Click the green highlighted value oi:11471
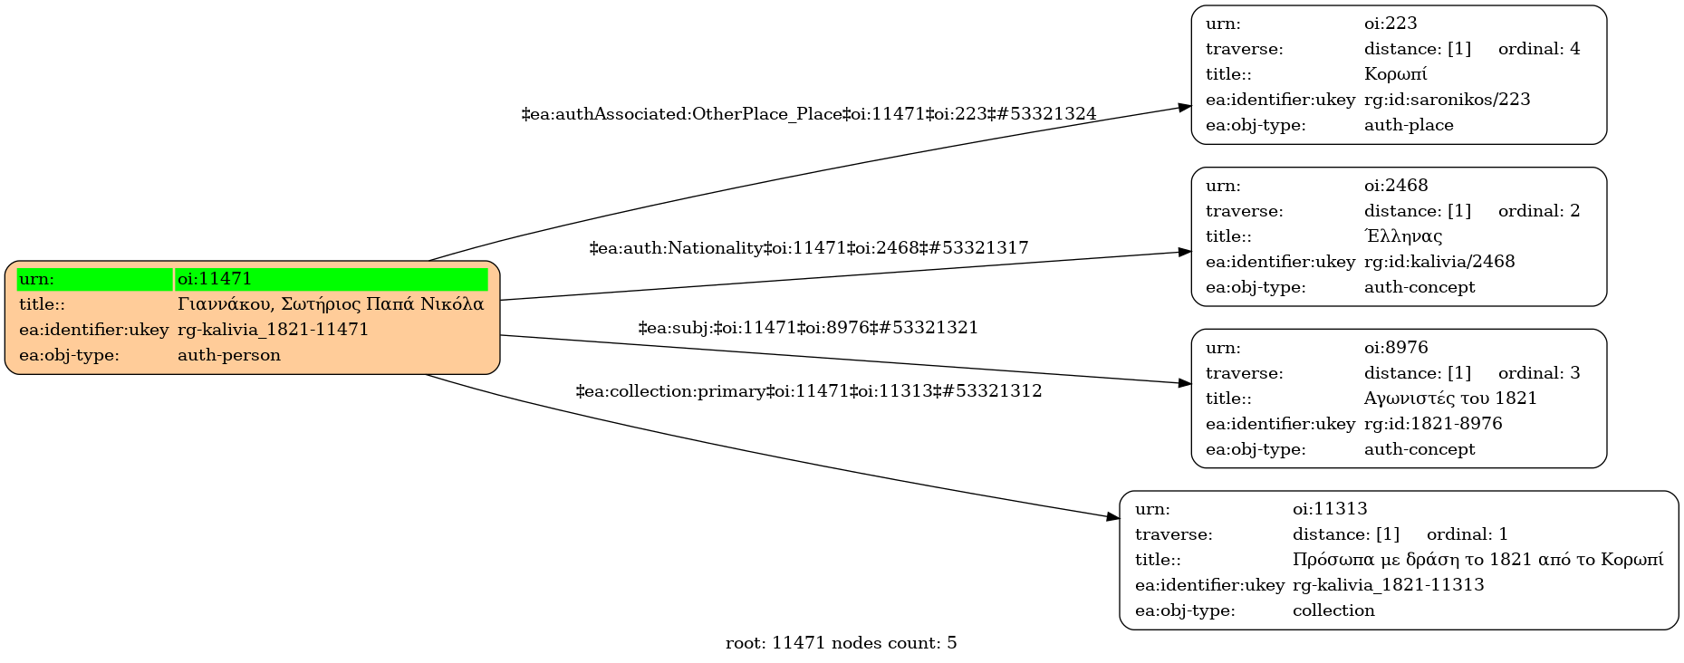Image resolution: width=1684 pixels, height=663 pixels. coord(215,279)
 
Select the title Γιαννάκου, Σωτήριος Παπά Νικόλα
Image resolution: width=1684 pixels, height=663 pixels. coord(331,304)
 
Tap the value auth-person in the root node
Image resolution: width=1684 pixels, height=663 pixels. coord(229,355)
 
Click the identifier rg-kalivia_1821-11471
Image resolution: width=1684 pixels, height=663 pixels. coord(274,330)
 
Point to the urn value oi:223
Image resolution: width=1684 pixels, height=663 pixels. coord(1391,24)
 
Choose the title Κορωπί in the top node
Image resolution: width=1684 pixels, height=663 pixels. coord(1395,74)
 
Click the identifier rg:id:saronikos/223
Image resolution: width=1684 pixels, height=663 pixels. coord(1447,100)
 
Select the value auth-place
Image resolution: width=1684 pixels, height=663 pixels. coord(1409,125)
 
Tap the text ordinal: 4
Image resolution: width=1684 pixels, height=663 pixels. coord(1539,49)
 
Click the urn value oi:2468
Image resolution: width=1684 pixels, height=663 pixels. coord(1396,186)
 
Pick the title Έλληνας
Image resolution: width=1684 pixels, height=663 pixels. coord(1403,236)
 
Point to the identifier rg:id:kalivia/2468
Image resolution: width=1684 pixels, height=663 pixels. coord(1439,262)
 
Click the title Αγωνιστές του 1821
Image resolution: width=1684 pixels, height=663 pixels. coord(1450,399)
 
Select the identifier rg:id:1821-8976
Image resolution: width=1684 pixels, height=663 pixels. coord(1433,424)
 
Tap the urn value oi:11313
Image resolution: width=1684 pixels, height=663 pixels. coord(1330,509)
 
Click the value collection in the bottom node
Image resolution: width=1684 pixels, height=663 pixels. coord(1333,610)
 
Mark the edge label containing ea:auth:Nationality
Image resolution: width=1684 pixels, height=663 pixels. coord(809,248)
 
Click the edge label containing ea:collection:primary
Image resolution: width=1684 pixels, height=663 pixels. coord(809,391)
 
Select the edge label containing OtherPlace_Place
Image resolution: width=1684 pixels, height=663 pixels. coord(809,114)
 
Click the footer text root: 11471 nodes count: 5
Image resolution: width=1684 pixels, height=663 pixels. coord(841,643)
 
